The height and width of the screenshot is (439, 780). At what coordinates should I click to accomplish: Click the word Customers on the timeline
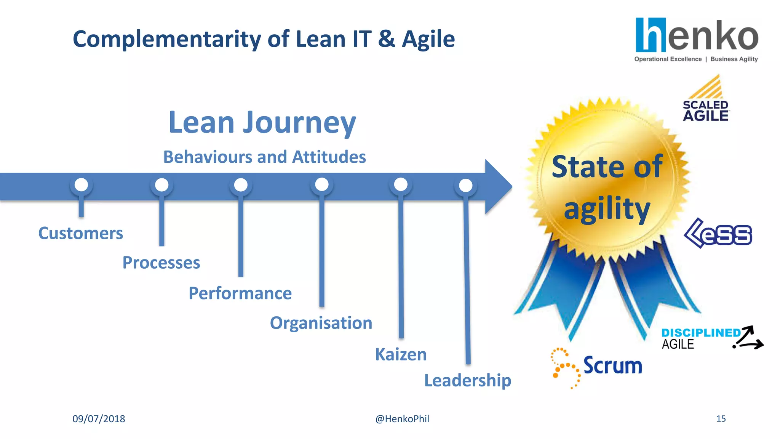(81, 233)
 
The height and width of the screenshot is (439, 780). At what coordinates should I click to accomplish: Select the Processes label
(161, 263)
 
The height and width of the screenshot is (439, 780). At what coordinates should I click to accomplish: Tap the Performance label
(240, 293)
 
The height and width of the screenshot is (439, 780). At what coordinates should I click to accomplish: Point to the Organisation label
(321, 323)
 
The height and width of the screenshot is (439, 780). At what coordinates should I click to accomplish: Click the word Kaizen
(401, 354)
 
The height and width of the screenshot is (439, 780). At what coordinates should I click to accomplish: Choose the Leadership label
(467, 380)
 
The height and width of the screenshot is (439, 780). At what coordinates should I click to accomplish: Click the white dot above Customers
(81, 185)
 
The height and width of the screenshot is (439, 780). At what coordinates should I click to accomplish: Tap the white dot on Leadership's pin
(465, 186)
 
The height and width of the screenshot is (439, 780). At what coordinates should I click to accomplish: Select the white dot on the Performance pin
(241, 185)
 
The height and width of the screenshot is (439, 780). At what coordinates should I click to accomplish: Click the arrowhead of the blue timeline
(498, 187)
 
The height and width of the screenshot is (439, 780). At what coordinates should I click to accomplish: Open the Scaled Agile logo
(706, 99)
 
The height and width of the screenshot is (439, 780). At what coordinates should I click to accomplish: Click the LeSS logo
(718, 233)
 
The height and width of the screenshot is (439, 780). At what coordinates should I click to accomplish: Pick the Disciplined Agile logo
(711, 338)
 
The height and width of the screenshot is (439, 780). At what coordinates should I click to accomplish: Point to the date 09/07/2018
(99, 419)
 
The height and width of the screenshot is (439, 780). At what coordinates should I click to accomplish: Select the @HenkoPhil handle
(402, 419)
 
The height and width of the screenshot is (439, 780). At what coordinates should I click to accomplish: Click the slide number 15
(721, 419)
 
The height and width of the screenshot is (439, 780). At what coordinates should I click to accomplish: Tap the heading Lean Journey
(262, 123)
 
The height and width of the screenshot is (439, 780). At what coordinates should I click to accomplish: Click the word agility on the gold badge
(607, 209)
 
